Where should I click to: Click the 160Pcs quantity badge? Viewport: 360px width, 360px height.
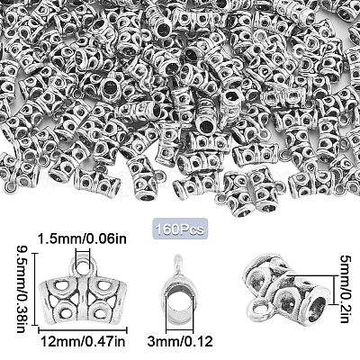(x=180, y=229)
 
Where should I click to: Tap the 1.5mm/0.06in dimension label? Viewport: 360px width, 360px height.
(x=82, y=239)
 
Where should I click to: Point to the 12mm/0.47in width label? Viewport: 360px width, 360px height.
(x=83, y=341)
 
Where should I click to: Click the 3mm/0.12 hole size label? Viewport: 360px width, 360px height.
(x=180, y=341)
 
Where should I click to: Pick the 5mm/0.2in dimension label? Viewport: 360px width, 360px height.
(x=345, y=289)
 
